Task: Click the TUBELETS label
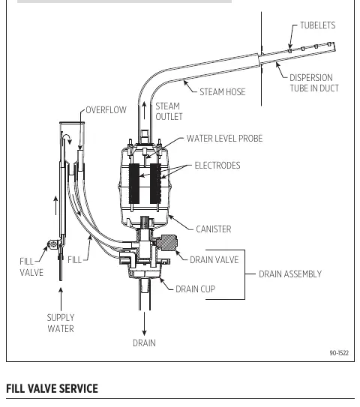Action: [x=318, y=25]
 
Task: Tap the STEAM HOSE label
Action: [x=222, y=92]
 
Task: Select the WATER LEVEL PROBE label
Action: [x=224, y=139]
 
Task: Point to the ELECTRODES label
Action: [x=217, y=166]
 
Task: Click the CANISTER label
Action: [x=214, y=229]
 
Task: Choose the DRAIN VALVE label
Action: [x=214, y=260]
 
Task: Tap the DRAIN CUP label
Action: [x=195, y=289]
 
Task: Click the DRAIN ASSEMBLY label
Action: [x=290, y=274]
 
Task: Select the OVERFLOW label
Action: [x=106, y=110]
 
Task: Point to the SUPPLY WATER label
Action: [x=61, y=323]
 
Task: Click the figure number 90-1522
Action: [x=339, y=353]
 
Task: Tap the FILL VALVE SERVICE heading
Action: [x=52, y=388]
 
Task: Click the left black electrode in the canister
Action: [x=134, y=183]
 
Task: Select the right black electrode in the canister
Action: [x=155, y=183]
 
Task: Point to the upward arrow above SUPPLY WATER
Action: [x=61, y=299]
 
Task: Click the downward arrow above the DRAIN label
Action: [x=144, y=324]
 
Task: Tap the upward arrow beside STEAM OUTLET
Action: [x=145, y=111]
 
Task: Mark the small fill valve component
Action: [x=54, y=244]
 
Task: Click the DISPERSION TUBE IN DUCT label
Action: [x=314, y=82]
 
